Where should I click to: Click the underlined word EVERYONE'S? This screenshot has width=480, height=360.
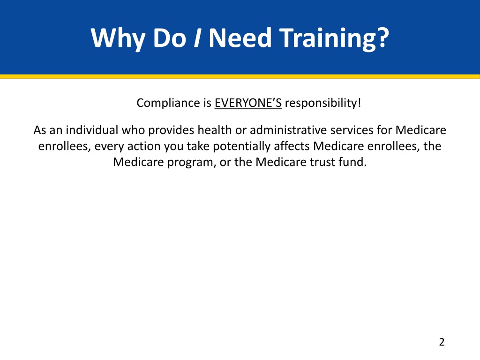[x=248, y=103]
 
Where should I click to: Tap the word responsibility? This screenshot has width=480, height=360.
[x=323, y=103]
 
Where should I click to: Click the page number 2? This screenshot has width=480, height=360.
[x=441, y=342]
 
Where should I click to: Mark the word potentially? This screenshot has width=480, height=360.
[x=241, y=146]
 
